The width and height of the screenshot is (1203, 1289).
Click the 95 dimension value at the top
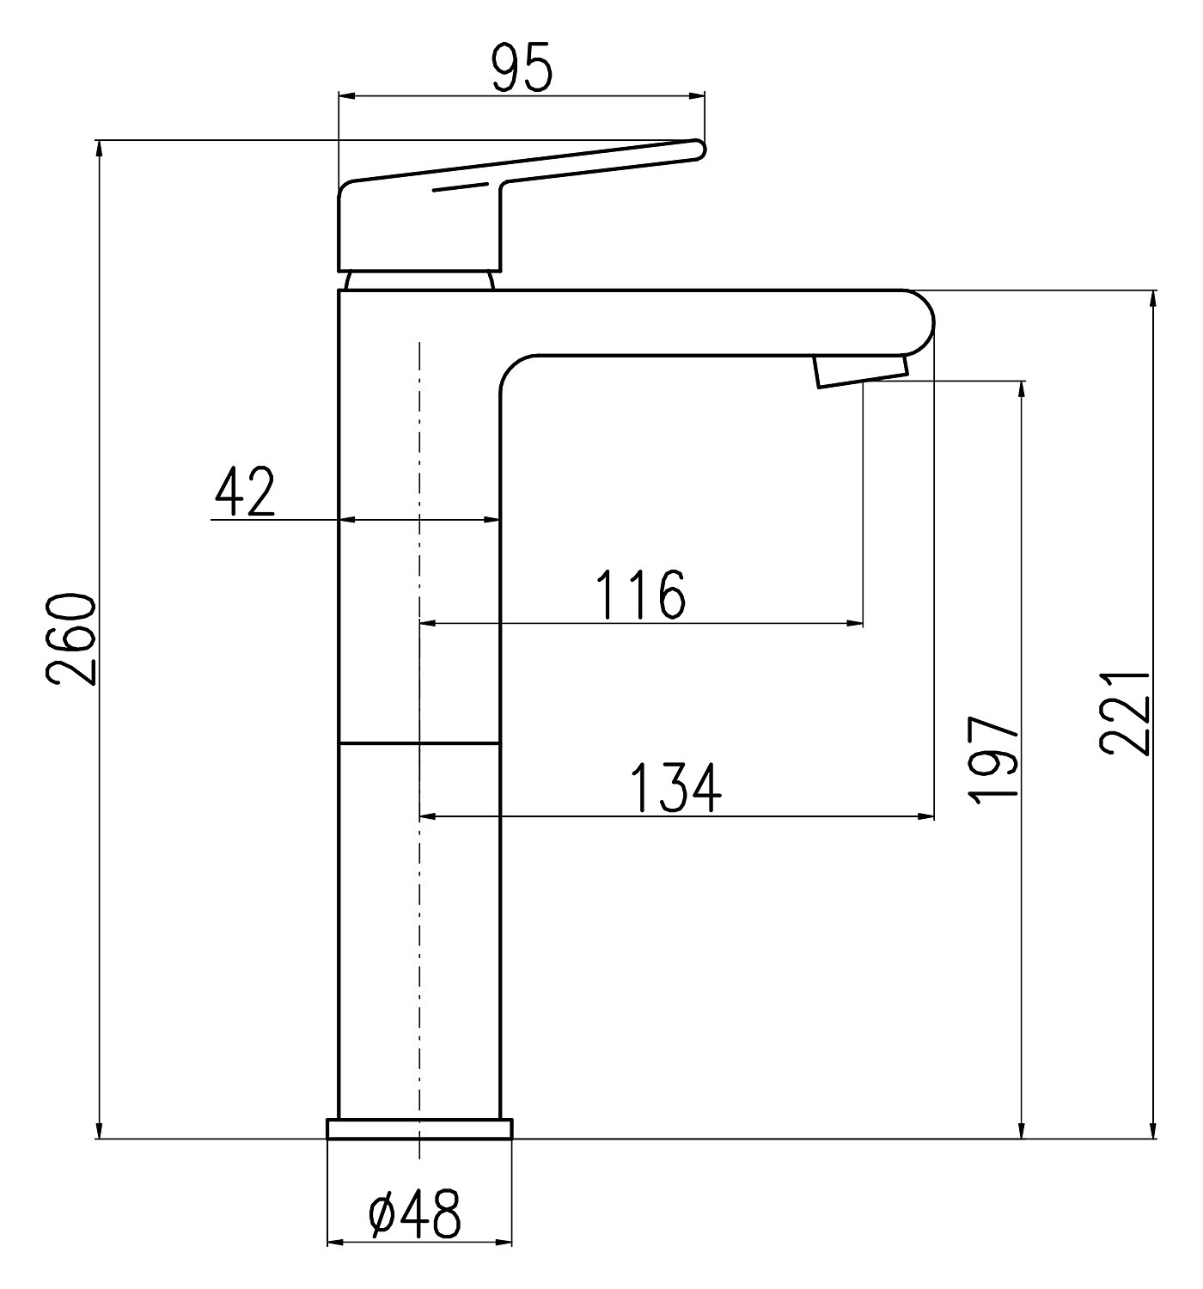pos(521,68)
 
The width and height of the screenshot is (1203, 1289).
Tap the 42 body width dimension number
pos(245,491)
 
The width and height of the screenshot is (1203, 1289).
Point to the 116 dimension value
pos(640,595)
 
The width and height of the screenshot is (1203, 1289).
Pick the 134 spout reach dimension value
pos(676,787)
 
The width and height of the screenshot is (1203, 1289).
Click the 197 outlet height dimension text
pos(992,760)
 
